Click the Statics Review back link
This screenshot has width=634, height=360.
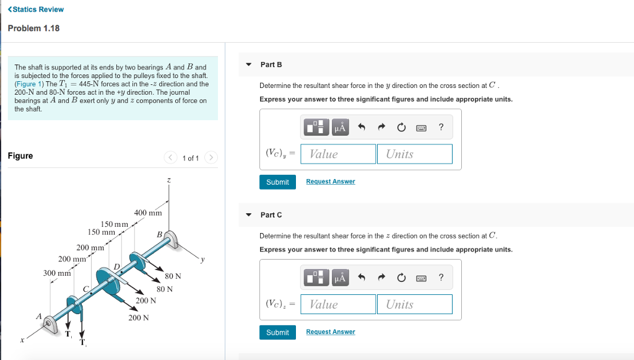click(35, 9)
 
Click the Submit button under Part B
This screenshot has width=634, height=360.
click(277, 182)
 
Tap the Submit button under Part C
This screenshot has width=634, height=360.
click(277, 333)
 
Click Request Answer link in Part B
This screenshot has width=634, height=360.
click(331, 182)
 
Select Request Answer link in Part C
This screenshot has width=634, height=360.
click(331, 331)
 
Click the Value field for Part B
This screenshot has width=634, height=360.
click(338, 154)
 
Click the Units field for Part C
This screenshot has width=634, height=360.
click(414, 304)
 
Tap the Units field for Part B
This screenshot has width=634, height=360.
click(414, 154)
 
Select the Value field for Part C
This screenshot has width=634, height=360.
click(338, 304)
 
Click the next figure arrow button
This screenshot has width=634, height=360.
click(211, 157)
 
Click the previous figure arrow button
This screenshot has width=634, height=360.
click(170, 157)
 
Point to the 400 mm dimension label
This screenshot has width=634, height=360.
click(148, 213)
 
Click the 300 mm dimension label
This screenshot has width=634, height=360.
click(57, 273)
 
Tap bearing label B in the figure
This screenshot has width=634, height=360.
click(159, 235)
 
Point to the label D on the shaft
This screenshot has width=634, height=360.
click(117, 266)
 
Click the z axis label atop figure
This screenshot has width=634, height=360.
click(168, 180)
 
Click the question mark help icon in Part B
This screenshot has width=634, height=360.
click(441, 127)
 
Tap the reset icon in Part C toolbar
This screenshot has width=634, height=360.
click(401, 278)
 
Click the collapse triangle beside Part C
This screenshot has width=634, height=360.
click(249, 215)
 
